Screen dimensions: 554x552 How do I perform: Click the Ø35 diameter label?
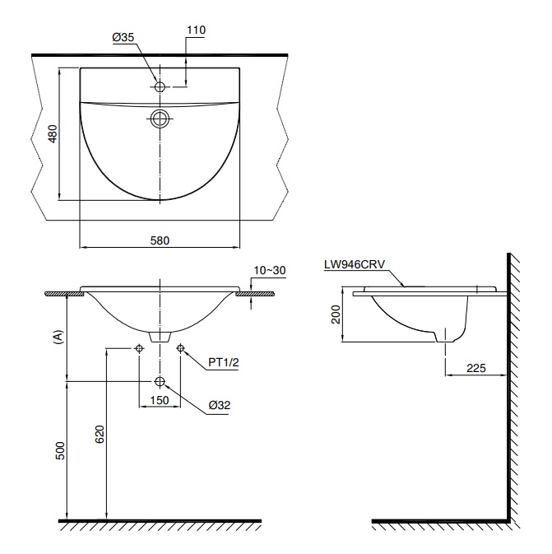(x=123, y=37)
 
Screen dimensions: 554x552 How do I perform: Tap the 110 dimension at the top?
(x=196, y=30)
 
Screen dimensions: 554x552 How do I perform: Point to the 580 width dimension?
(x=160, y=241)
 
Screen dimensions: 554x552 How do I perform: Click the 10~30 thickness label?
(x=269, y=270)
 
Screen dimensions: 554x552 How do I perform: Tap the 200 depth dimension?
(x=336, y=314)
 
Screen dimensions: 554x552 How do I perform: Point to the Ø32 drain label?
(x=219, y=406)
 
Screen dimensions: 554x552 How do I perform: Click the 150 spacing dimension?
(x=159, y=401)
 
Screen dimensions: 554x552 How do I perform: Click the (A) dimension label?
(x=57, y=337)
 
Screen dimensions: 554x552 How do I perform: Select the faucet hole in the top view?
(x=160, y=85)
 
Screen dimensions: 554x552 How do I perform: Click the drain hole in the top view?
(x=160, y=119)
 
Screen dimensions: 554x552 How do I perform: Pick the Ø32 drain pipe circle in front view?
(x=160, y=381)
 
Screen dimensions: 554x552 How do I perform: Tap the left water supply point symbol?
(x=139, y=349)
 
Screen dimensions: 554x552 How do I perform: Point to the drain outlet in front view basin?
(x=160, y=337)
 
